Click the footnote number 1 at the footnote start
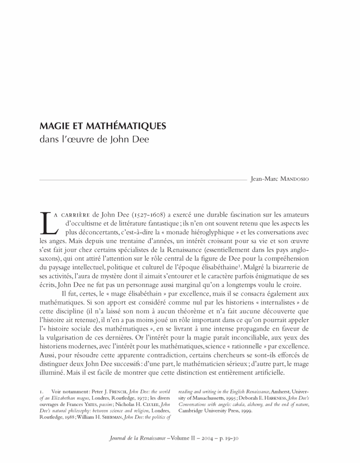click(x=41, y=390)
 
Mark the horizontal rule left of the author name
click(x=141, y=180)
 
